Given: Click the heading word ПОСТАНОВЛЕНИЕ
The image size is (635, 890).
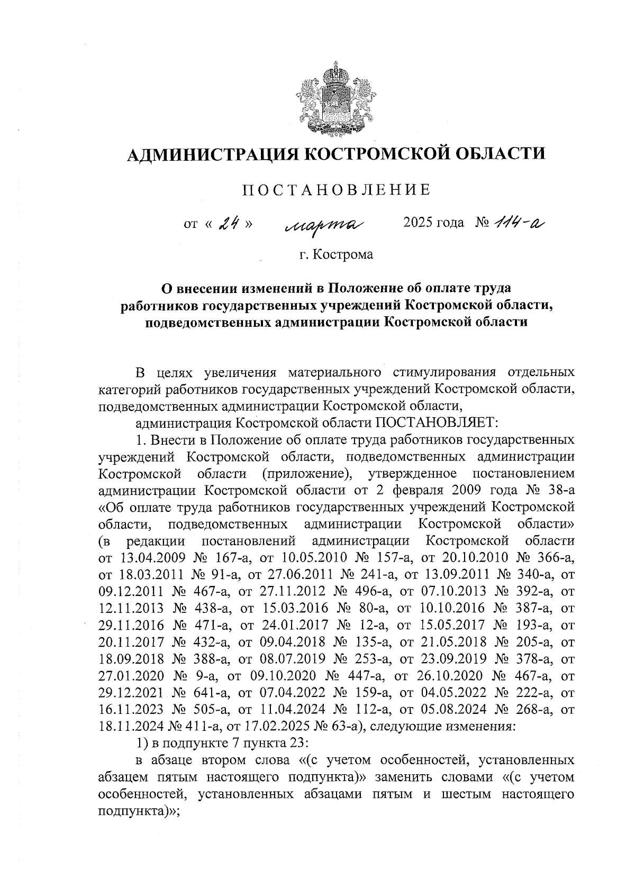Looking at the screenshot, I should tap(335, 190).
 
